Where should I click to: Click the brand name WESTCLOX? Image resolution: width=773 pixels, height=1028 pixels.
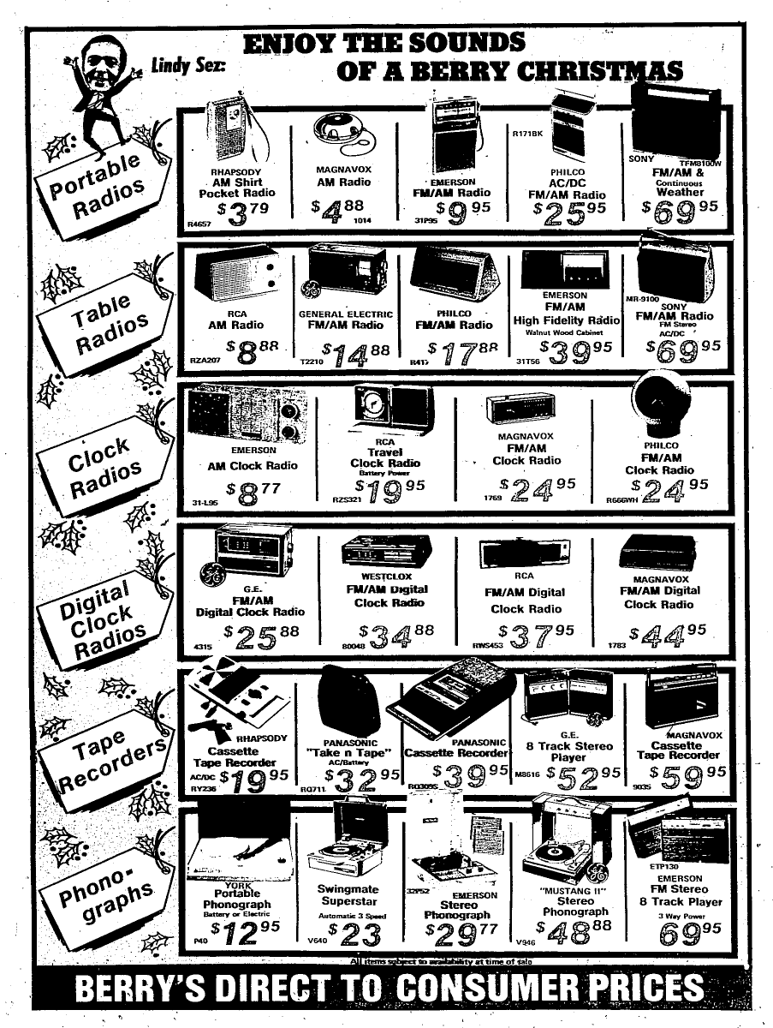[387, 577]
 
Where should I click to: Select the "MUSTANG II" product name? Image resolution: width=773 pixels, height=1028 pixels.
[574, 888]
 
